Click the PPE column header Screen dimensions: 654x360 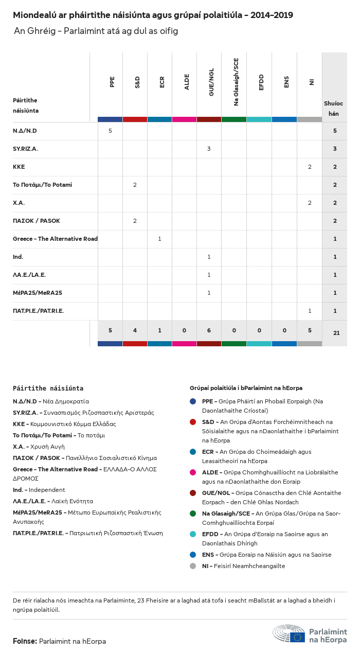(x=112, y=81)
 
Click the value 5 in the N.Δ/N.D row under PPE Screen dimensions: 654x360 (x=110, y=131)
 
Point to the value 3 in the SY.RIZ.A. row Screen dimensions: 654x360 (x=209, y=149)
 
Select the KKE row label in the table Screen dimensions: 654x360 (x=19, y=167)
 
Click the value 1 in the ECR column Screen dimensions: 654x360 (x=159, y=239)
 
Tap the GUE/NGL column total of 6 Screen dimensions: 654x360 (x=209, y=330)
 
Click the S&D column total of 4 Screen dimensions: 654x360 (x=135, y=330)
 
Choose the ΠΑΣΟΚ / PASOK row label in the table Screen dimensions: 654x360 (x=37, y=221)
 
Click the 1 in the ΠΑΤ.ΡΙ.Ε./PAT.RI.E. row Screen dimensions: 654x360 (x=310, y=311)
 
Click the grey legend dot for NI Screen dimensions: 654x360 (x=193, y=566)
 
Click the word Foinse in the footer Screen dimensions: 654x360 (x=24, y=641)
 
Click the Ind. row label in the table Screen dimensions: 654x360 (x=18, y=257)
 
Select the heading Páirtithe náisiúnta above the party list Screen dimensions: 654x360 (x=48, y=388)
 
